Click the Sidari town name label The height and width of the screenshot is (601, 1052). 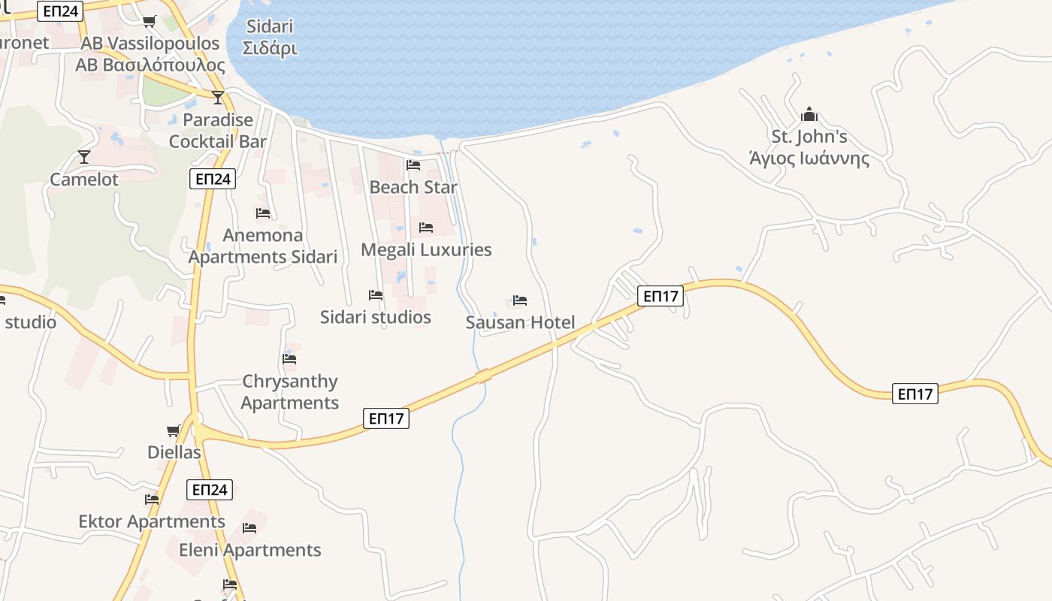tap(269, 38)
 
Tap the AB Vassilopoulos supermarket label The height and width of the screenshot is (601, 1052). tap(150, 54)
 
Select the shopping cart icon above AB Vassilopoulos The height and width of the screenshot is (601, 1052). tap(150, 22)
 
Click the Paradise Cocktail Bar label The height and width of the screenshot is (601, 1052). tap(218, 131)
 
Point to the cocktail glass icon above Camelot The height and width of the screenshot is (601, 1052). tap(83, 156)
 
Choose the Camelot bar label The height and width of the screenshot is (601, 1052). tap(84, 180)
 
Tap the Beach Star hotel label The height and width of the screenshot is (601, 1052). tap(413, 187)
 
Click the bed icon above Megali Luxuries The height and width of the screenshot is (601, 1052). tap(426, 227)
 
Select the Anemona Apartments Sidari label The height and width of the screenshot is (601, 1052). tap(263, 246)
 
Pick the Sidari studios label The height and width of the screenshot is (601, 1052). tap(376, 317)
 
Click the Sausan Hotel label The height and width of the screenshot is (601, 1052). tap(520, 323)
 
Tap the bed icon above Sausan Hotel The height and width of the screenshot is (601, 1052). tap(519, 300)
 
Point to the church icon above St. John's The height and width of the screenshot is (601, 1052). tap(809, 114)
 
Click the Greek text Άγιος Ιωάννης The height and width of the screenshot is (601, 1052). tap(809, 159)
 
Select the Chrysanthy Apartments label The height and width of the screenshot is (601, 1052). tap(289, 392)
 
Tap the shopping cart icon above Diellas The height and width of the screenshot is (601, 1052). tap(174, 430)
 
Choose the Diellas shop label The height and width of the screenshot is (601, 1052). tap(174, 452)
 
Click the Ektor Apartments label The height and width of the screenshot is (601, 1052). tap(152, 521)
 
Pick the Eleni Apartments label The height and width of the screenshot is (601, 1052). tap(249, 550)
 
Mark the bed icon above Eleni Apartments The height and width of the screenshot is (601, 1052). tap(249, 528)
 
